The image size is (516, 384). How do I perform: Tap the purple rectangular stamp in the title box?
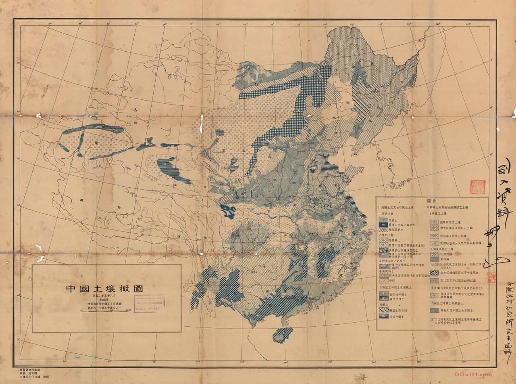pyautogui.click(x=149, y=303)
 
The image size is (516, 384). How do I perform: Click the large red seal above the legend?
pyautogui.click(x=477, y=187)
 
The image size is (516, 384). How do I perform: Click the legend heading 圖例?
pyautogui.click(x=432, y=200)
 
